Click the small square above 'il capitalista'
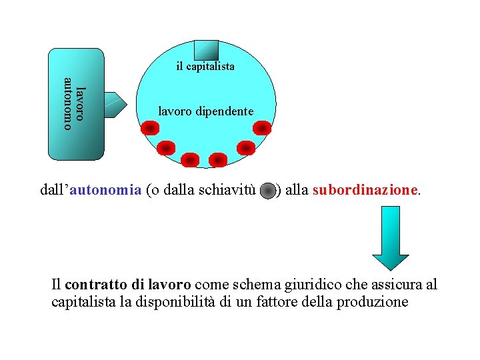[x=205, y=51]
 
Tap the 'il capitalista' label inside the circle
[x=205, y=67]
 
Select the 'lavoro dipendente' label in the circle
[x=205, y=111]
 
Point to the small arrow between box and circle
[x=119, y=103]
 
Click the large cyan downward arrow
[x=390, y=237]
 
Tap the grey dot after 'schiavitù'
[x=267, y=191]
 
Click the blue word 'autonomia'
[x=105, y=190]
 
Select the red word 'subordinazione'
[x=364, y=190]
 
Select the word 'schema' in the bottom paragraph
[x=257, y=285]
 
